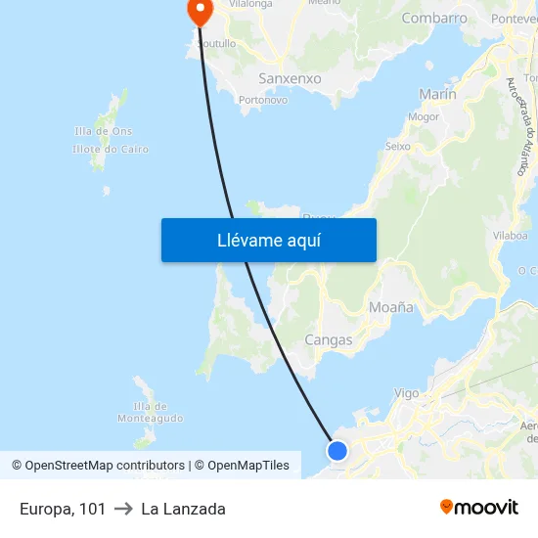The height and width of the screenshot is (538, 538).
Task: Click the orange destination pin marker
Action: tap(200, 12)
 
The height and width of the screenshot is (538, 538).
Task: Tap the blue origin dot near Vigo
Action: tap(337, 450)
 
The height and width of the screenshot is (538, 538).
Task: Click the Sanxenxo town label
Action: tap(291, 77)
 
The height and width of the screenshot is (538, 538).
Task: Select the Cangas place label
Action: tap(329, 339)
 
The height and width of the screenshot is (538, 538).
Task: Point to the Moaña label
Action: tap(391, 307)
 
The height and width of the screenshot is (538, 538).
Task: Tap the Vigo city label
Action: tap(406, 393)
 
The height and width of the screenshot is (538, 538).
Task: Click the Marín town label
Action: tap(437, 94)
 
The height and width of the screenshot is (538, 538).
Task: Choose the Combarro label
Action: tap(434, 18)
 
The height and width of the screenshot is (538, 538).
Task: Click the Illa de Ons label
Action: tap(103, 131)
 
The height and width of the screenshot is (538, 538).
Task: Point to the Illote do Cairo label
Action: tap(110, 149)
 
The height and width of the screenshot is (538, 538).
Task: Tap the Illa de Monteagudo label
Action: tap(150, 412)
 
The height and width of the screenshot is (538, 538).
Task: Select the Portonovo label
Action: tap(262, 99)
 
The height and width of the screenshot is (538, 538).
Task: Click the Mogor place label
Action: tap(424, 116)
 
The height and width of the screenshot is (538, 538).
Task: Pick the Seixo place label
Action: tap(398, 146)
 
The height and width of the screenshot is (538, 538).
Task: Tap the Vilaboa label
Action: tap(510, 235)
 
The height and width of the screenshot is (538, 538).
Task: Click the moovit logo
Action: tap(478, 508)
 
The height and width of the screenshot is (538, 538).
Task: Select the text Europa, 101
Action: tap(63, 509)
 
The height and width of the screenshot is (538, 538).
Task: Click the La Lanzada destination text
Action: tap(183, 509)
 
